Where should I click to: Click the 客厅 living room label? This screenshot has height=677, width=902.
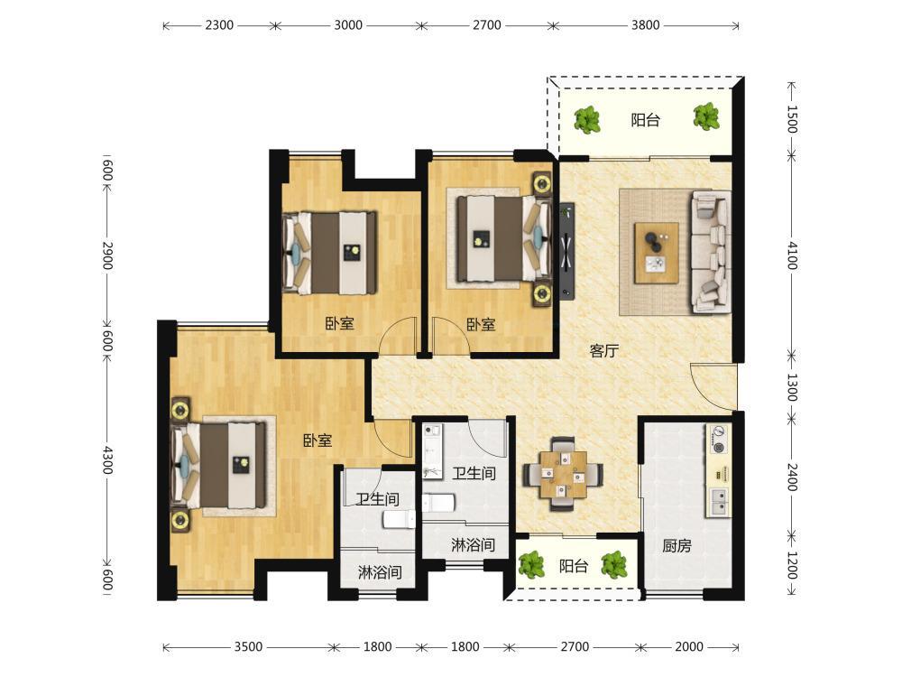pyautogui.click(x=603, y=350)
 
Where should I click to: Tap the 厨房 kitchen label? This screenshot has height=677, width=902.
pyautogui.click(x=676, y=545)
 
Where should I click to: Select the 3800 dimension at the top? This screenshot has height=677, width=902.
pyautogui.click(x=646, y=25)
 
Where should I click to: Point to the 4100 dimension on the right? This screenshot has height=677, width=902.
pyautogui.click(x=793, y=255)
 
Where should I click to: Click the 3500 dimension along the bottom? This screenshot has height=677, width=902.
pyautogui.click(x=248, y=647)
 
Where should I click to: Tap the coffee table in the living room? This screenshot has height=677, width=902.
pyautogui.click(x=657, y=253)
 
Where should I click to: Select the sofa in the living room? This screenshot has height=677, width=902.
pyautogui.click(x=711, y=252)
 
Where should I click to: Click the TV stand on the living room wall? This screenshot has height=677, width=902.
pyautogui.click(x=567, y=251)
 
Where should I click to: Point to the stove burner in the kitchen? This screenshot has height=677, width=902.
pyautogui.click(x=718, y=439)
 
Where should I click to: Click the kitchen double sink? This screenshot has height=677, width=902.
pyautogui.click(x=719, y=501)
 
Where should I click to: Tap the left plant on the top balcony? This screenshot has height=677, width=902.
pyautogui.click(x=587, y=119)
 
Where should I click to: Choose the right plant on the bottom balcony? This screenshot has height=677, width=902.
pyautogui.click(x=613, y=564)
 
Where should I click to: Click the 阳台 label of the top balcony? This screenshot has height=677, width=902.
pyautogui.click(x=646, y=120)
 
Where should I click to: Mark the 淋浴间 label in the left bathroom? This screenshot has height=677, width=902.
pyautogui.click(x=380, y=572)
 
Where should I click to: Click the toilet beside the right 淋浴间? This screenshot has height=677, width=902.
pyautogui.click(x=438, y=503)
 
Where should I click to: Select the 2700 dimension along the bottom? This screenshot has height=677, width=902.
pyautogui.click(x=575, y=647)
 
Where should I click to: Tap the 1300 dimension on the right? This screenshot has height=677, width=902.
pyautogui.click(x=793, y=387)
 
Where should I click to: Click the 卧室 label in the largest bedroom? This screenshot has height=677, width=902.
pyautogui.click(x=318, y=441)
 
